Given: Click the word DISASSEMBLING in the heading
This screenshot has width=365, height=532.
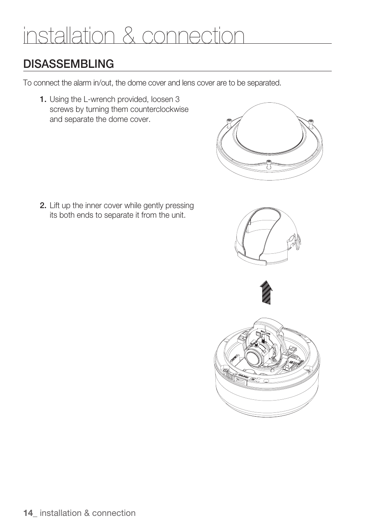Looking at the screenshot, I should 68,64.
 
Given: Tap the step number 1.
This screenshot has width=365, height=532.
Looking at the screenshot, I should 43,100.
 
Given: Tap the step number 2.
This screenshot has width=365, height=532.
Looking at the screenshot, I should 43,205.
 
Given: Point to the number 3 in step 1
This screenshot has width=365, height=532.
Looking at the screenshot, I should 177,100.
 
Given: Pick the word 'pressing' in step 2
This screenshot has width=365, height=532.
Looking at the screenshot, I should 180,205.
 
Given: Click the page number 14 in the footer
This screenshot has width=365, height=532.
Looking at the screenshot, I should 28,513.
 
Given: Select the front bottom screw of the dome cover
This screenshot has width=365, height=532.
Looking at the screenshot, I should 269,164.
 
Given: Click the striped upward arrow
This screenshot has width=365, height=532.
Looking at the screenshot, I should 266,292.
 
